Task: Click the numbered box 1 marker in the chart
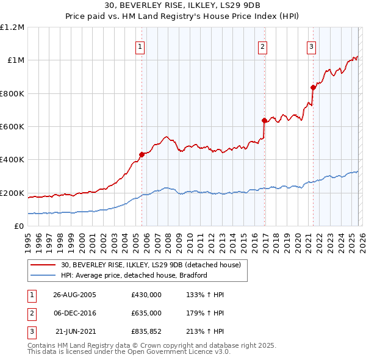tap(140, 46)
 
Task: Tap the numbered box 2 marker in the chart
tap(262, 46)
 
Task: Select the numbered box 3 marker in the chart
tap(311, 46)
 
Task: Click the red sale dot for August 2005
tap(142, 154)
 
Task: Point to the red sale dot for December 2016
tap(264, 120)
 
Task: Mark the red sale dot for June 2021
tap(313, 87)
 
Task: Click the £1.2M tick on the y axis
tap(12, 27)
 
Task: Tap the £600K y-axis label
tap(12, 127)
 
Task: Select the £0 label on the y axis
tap(18, 226)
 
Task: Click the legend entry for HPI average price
tap(134, 275)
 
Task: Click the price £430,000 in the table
tap(146, 294)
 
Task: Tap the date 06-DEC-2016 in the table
tap(74, 313)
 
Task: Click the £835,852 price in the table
tap(146, 332)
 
